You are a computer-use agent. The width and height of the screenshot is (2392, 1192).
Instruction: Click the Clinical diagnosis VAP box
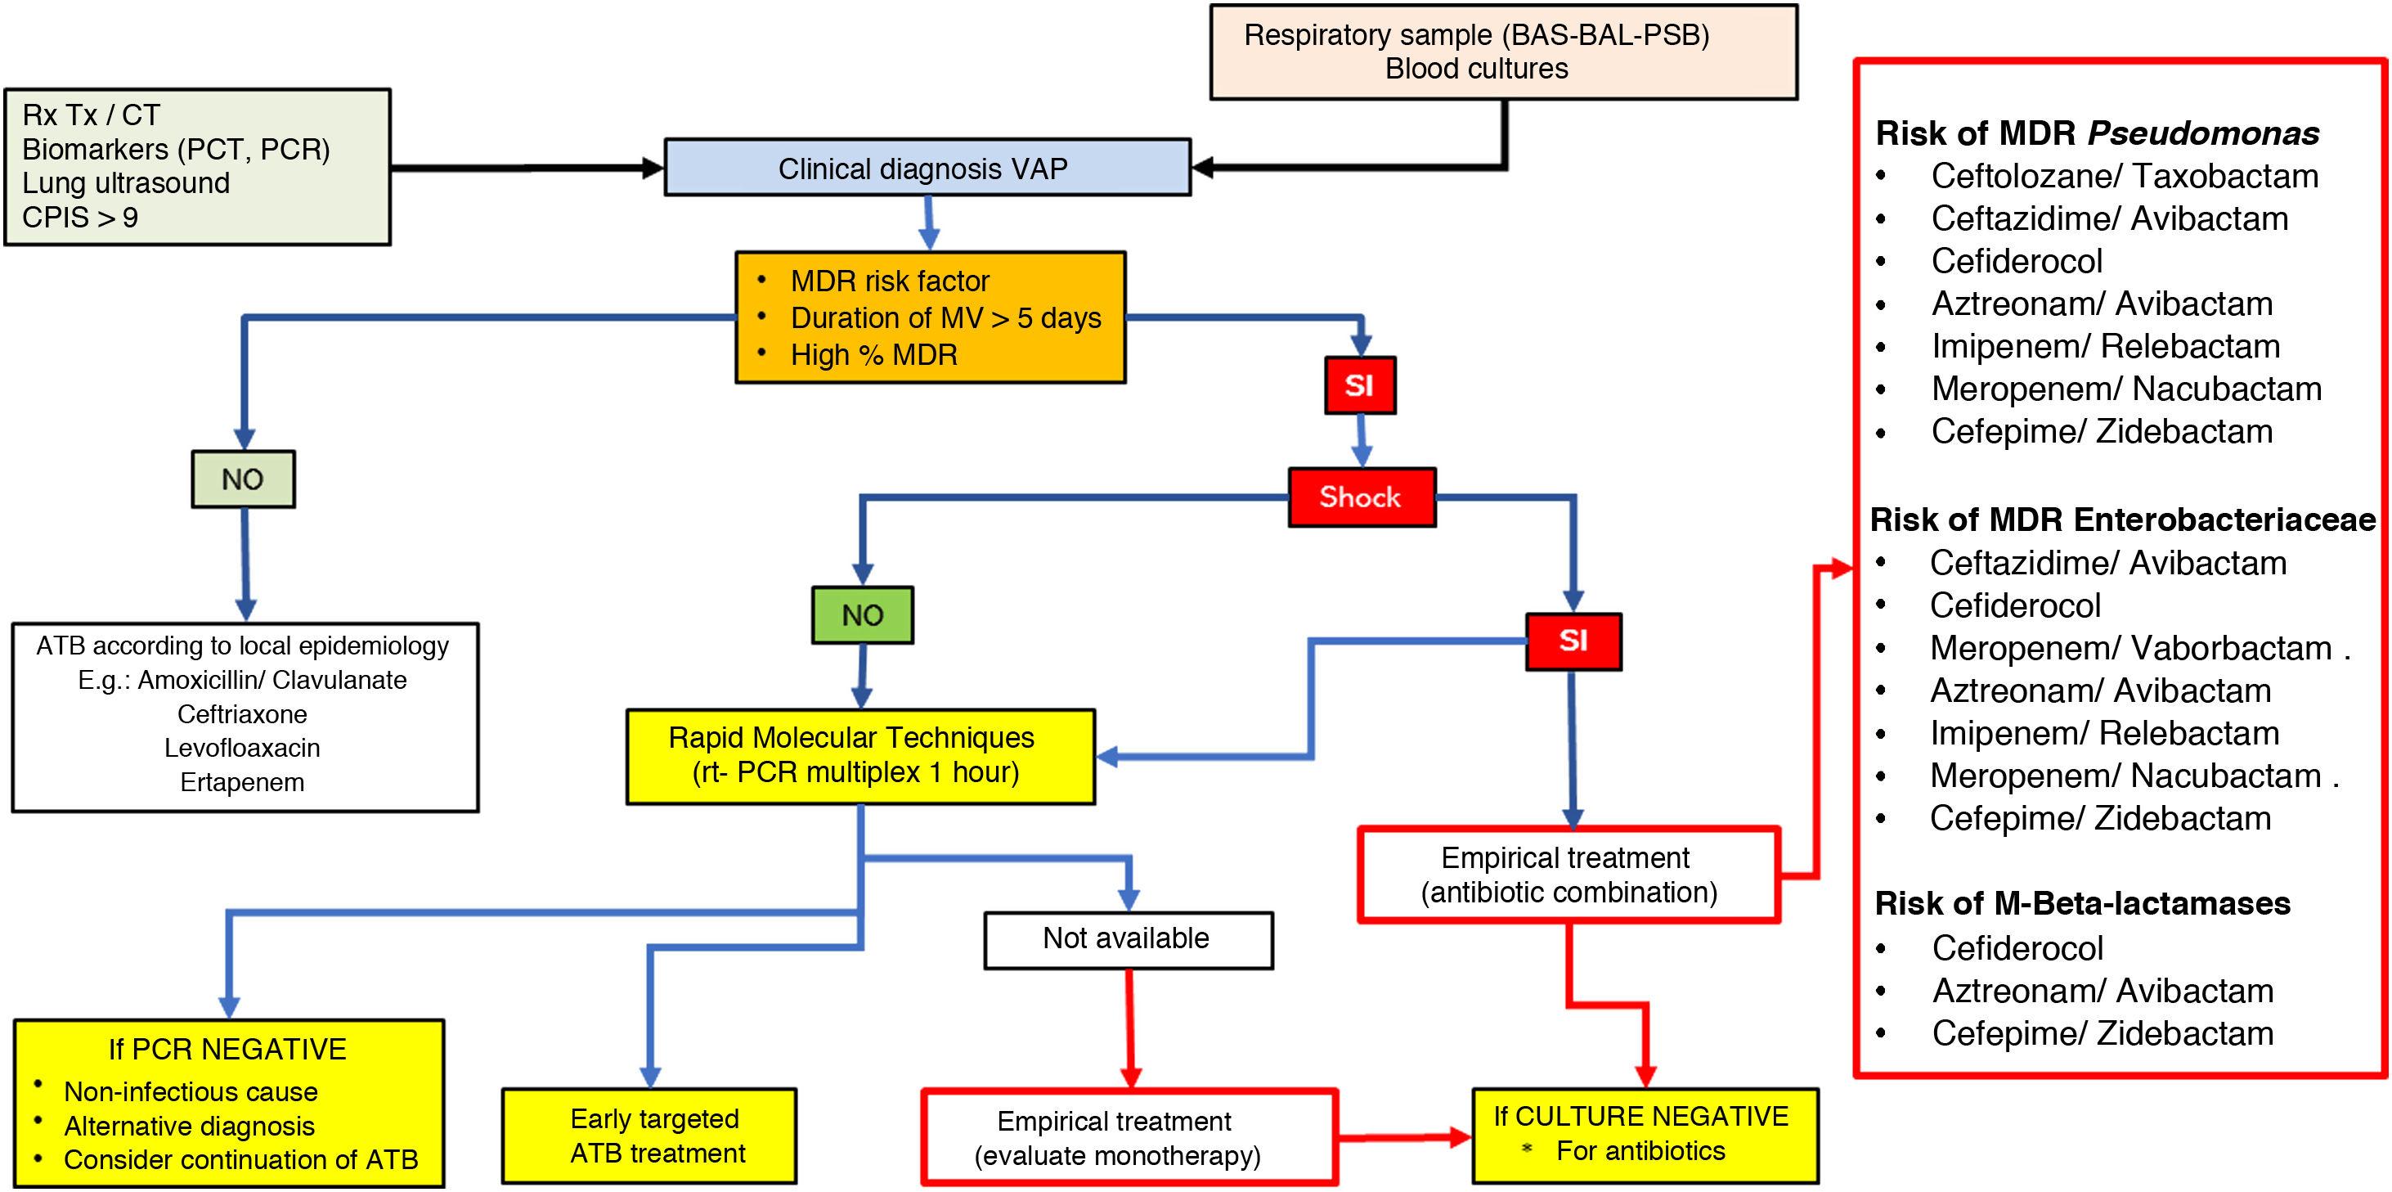[927, 169]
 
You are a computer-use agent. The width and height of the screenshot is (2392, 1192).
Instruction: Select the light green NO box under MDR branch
[243, 479]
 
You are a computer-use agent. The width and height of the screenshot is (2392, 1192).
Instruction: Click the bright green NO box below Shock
[862, 615]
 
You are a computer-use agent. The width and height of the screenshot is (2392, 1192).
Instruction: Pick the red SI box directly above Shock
[1359, 385]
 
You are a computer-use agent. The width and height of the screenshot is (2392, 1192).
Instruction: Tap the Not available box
[1127, 939]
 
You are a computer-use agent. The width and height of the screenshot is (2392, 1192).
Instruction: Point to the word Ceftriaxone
[242, 714]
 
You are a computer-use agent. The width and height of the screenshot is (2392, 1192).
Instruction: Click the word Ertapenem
[242, 782]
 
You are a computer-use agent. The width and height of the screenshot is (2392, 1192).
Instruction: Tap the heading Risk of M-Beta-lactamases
[2082, 903]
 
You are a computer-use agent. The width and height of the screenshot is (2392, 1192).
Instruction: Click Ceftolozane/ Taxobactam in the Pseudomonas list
[2124, 177]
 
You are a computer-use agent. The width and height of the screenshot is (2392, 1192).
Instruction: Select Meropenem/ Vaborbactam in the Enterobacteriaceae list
[2130, 649]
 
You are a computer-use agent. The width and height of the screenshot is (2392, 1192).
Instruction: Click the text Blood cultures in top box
[1476, 69]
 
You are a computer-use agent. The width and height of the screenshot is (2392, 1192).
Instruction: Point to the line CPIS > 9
[81, 218]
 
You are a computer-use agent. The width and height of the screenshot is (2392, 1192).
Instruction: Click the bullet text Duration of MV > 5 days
[945, 317]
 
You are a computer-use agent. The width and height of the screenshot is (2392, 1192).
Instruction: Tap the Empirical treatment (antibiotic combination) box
[1568, 875]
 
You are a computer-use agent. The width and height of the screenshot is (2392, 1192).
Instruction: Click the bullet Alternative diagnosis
[190, 1126]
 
